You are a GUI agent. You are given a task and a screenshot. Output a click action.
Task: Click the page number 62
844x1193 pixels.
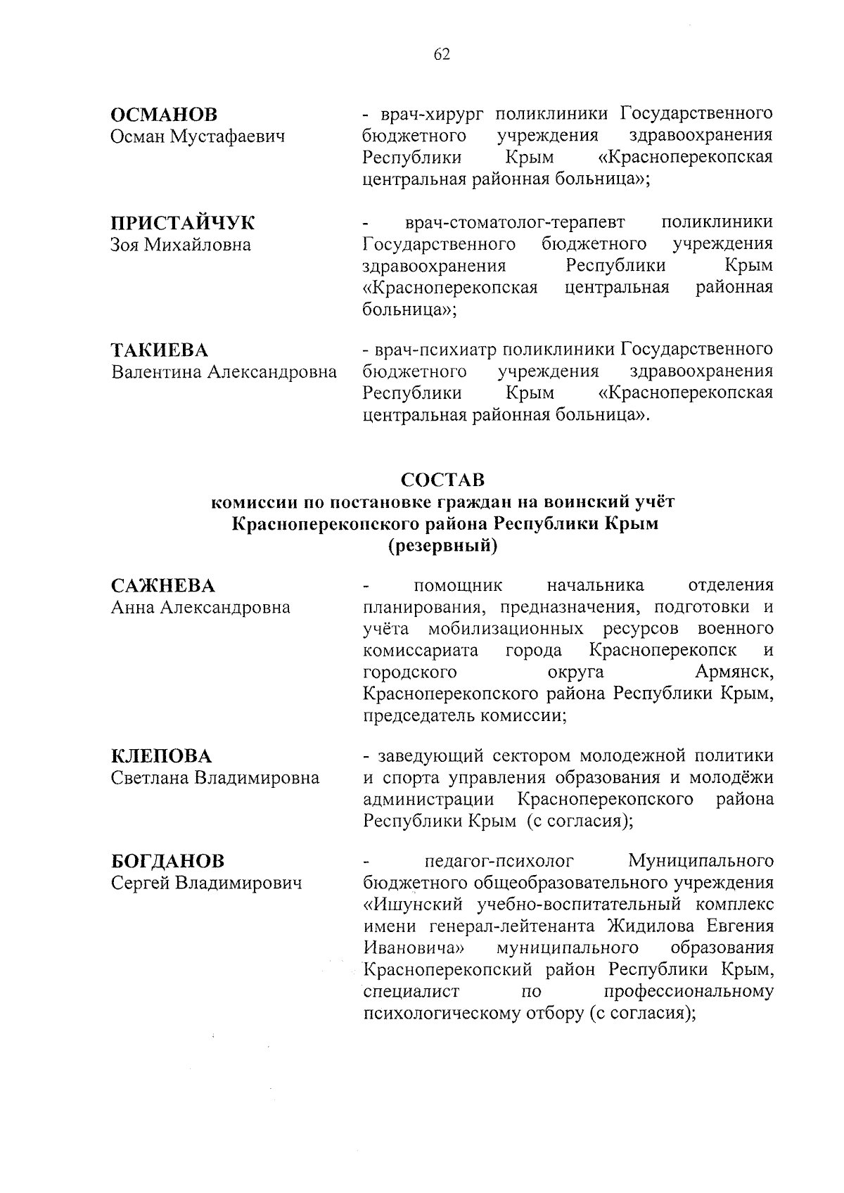(x=442, y=56)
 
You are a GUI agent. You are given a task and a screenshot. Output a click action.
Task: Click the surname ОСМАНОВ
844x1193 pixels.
(x=165, y=114)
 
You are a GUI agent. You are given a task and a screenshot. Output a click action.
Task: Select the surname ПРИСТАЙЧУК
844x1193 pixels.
(x=184, y=223)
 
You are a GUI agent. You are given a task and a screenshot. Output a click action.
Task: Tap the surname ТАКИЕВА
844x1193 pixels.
(x=160, y=350)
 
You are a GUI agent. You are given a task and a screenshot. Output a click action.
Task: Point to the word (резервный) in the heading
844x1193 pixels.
(x=442, y=546)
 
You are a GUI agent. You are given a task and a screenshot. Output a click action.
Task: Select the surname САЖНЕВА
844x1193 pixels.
(x=163, y=585)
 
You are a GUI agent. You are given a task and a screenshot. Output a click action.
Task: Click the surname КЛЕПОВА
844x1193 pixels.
(x=162, y=756)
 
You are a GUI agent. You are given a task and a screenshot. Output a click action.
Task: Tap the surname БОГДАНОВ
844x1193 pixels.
(x=168, y=860)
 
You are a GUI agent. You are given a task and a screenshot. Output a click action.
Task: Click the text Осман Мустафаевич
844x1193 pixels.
(x=198, y=136)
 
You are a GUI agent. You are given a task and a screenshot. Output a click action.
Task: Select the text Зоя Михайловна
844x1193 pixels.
(x=181, y=245)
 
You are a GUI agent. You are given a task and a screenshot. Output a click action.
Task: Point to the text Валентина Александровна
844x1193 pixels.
(x=224, y=371)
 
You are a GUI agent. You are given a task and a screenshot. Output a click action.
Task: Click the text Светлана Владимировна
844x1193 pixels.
(x=215, y=778)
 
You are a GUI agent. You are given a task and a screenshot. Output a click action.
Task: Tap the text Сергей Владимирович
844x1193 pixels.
(x=207, y=882)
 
